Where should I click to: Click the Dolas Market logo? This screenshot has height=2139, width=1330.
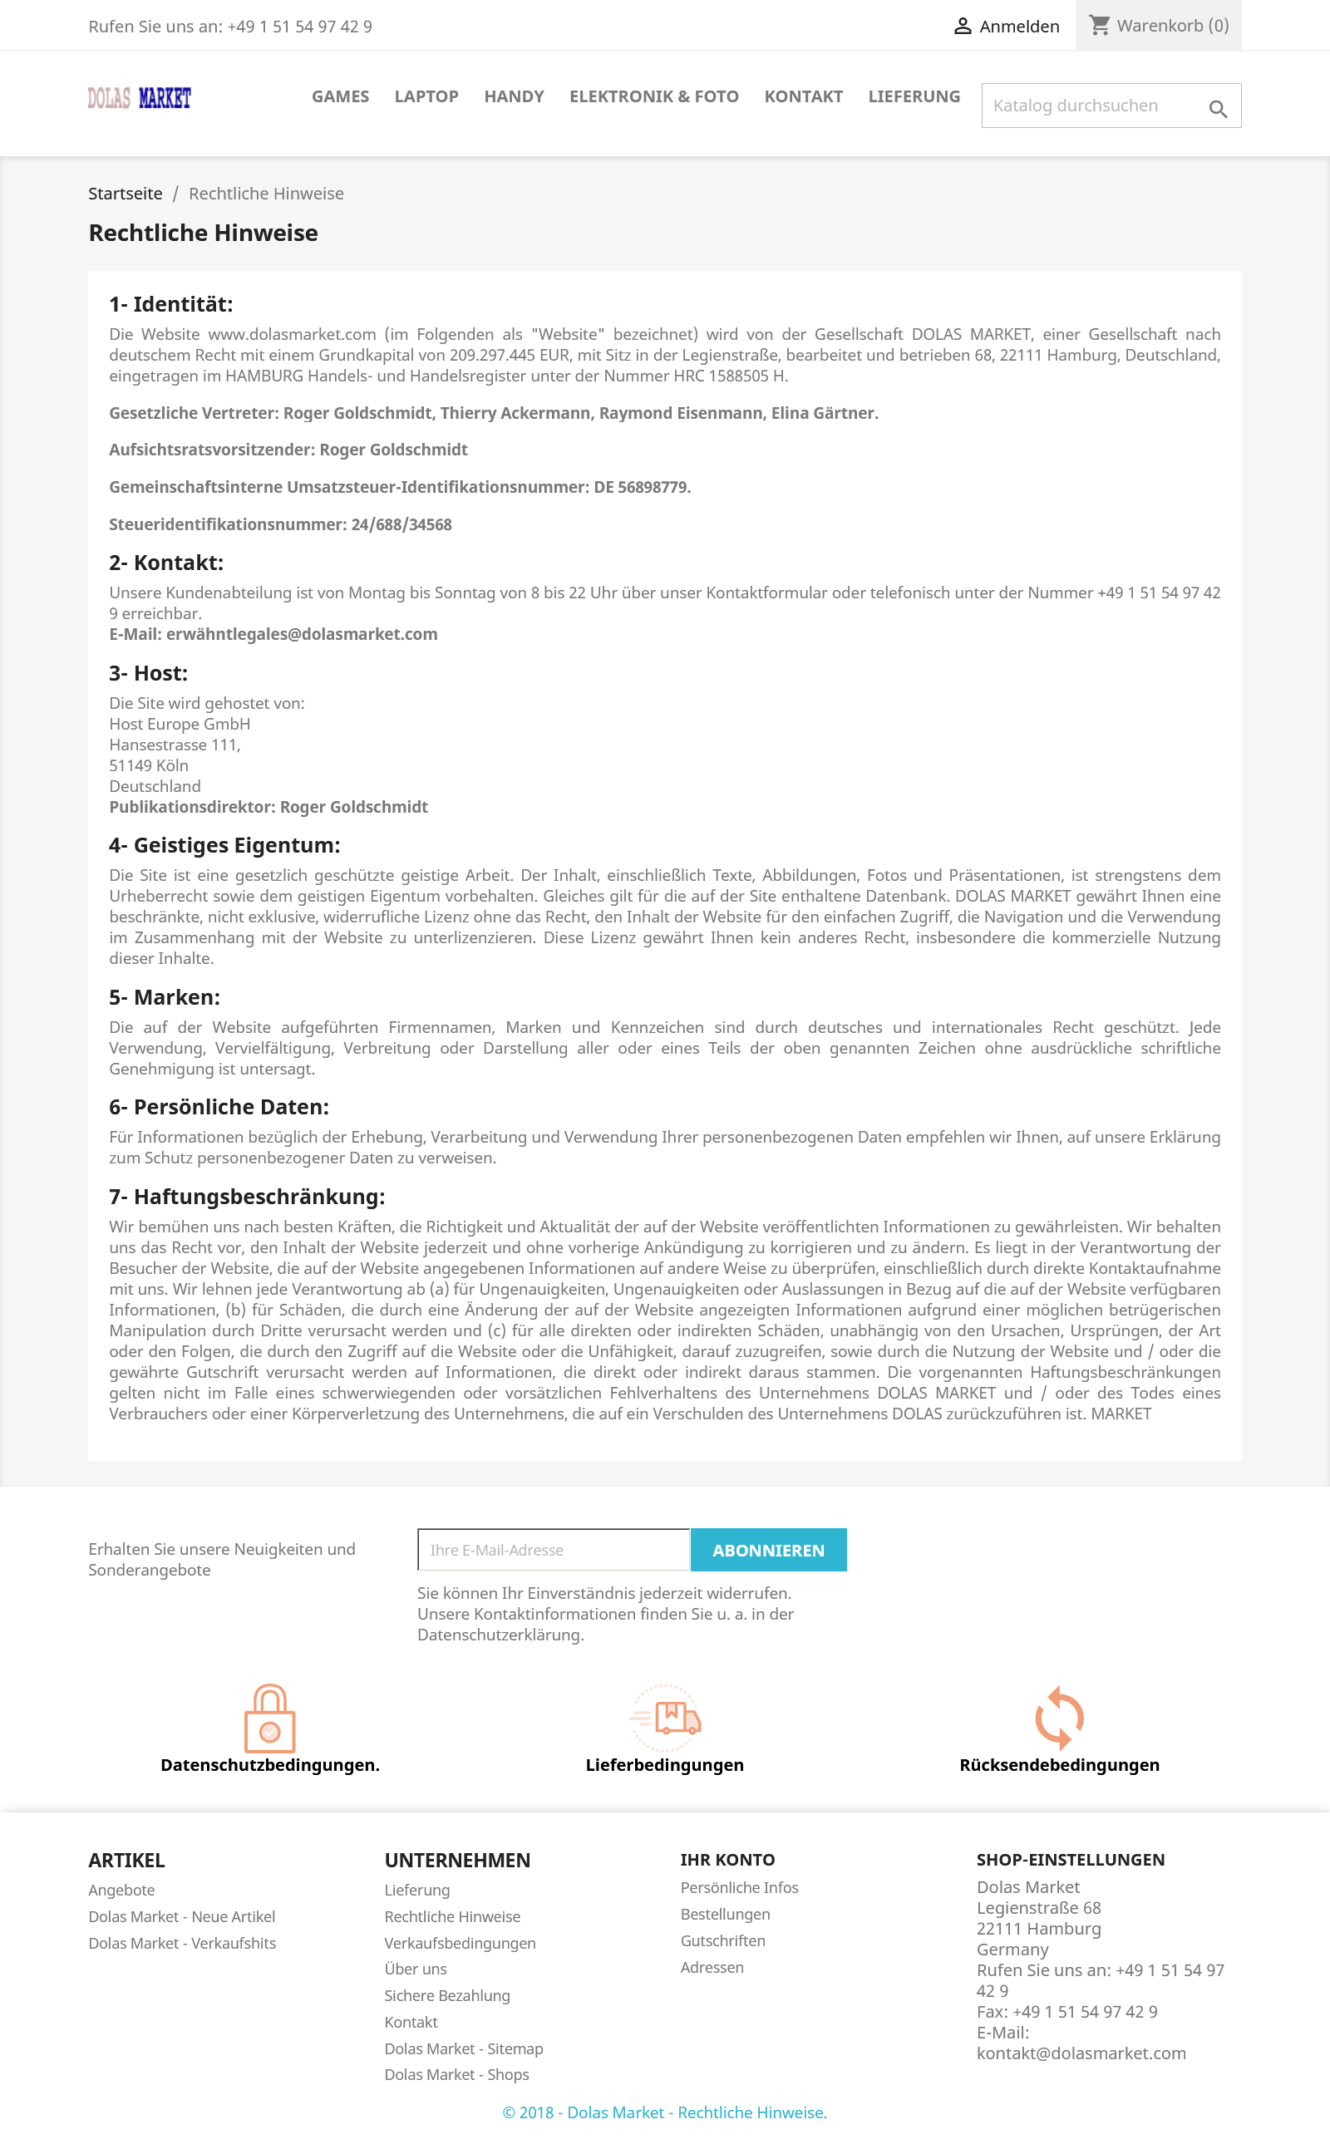(139, 97)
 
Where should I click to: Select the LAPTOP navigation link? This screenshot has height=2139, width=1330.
(426, 96)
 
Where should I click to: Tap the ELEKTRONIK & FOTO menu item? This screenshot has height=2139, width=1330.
(653, 96)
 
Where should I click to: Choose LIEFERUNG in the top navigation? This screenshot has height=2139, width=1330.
(913, 96)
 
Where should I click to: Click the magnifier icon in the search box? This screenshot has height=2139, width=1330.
(1218, 108)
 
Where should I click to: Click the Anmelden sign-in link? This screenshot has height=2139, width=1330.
(1007, 27)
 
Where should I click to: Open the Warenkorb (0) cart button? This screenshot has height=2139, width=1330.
(1159, 26)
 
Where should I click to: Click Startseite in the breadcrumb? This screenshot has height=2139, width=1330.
(125, 194)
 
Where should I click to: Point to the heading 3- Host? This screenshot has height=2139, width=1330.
(149, 673)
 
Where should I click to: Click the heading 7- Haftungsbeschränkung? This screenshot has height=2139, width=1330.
(247, 1197)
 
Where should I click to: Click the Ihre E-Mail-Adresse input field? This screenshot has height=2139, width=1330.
(554, 1550)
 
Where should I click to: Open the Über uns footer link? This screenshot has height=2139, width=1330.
(415, 1969)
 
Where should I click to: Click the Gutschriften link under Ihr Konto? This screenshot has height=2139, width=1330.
(722, 1940)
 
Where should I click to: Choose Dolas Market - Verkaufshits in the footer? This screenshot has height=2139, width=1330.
(182, 1943)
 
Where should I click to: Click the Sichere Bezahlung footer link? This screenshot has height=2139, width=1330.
(447, 1996)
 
